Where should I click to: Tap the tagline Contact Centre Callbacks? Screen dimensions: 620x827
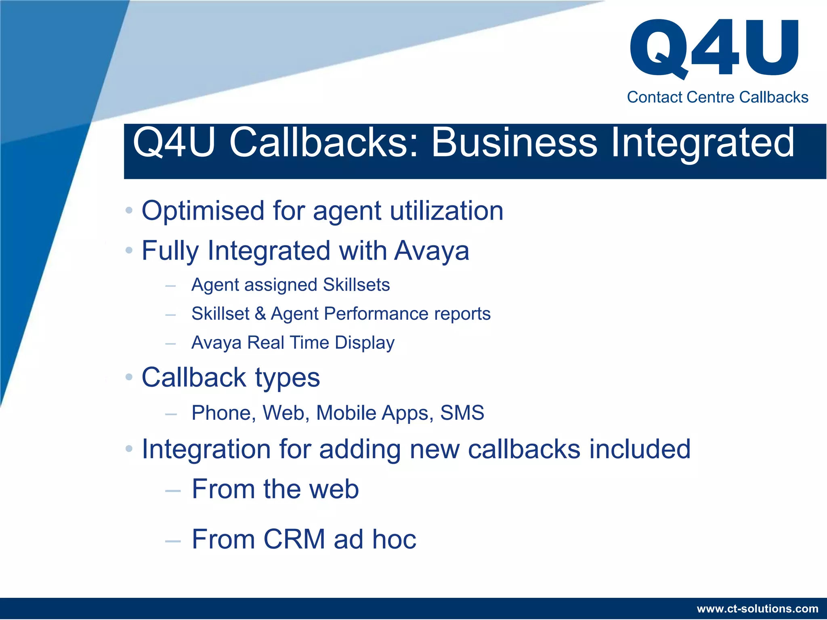coord(717,97)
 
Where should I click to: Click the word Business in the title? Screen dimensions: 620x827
coord(514,142)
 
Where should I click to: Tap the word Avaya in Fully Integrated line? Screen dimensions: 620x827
coord(431,251)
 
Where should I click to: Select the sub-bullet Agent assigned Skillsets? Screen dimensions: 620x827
coord(290,285)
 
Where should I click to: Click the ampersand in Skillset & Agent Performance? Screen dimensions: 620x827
coord(260,314)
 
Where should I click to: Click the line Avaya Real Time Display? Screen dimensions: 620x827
coord(293,343)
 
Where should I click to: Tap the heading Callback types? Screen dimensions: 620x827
coord(231,377)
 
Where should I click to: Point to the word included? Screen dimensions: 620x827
coord(640,449)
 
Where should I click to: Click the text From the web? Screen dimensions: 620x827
coord(275,489)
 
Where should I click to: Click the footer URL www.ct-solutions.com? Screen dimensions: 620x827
coord(758,608)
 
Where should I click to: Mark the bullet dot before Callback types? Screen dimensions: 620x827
coord(129,377)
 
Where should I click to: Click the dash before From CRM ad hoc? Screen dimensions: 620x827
coord(172,541)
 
